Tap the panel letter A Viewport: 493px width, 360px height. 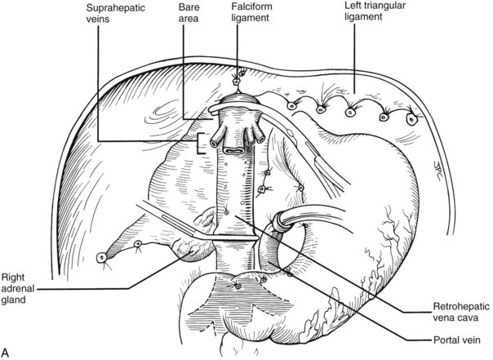tap(7, 352)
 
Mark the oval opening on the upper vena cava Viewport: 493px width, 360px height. tap(233, 150)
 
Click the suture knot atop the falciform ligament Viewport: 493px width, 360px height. tap(238, 82)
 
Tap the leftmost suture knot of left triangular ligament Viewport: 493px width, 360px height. tap(292, 104)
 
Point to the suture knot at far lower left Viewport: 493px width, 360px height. tap(101, 257)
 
